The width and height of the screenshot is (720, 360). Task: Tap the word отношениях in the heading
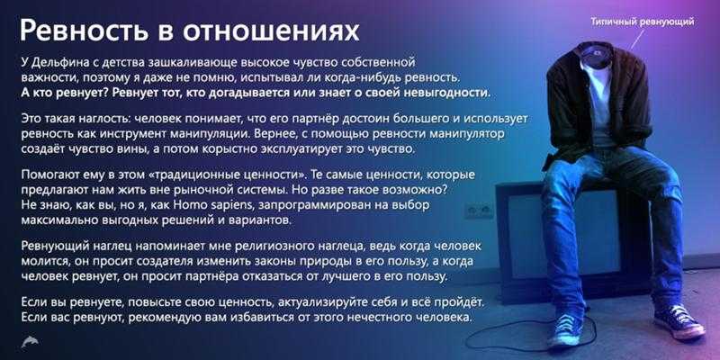click(272, 32)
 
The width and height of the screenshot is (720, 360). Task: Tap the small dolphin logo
click(30, 342)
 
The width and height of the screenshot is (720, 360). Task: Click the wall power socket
click(478, 211)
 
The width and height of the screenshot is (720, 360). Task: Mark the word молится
click(40, 262)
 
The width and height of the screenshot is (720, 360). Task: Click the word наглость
click(94, 119)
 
